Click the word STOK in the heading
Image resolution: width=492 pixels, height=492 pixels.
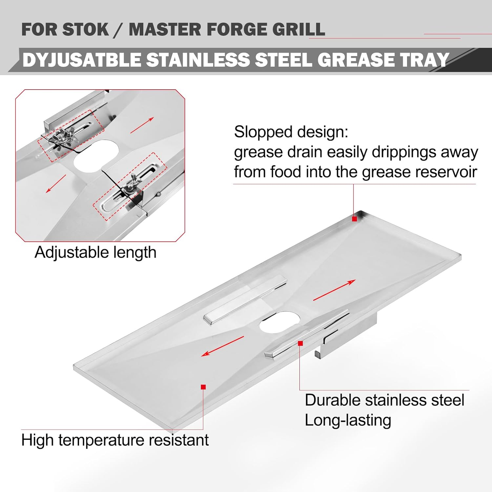[x=86, y=30]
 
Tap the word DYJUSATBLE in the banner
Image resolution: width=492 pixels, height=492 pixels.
[x=82, y=60]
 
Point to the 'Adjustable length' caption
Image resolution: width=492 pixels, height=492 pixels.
[x=95, y=253]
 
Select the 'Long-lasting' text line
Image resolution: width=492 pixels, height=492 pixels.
[x=348, y=420]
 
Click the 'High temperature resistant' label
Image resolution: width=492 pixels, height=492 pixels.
[x=115, y=440]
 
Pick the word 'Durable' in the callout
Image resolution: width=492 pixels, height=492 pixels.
[x=332, y=400]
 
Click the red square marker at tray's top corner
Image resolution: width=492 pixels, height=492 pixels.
[x=354, y=219]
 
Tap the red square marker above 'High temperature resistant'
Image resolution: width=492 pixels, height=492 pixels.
[x=203, y=387]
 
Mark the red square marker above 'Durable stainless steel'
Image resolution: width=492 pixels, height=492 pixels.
[x=300, y=343]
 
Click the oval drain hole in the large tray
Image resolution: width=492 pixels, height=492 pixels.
[x=280, y=322]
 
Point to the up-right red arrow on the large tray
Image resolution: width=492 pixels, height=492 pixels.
[x=334, y=290]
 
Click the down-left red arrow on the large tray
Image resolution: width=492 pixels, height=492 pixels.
[x=222, y=346]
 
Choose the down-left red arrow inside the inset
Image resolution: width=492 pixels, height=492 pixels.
[x=56, y=183]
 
